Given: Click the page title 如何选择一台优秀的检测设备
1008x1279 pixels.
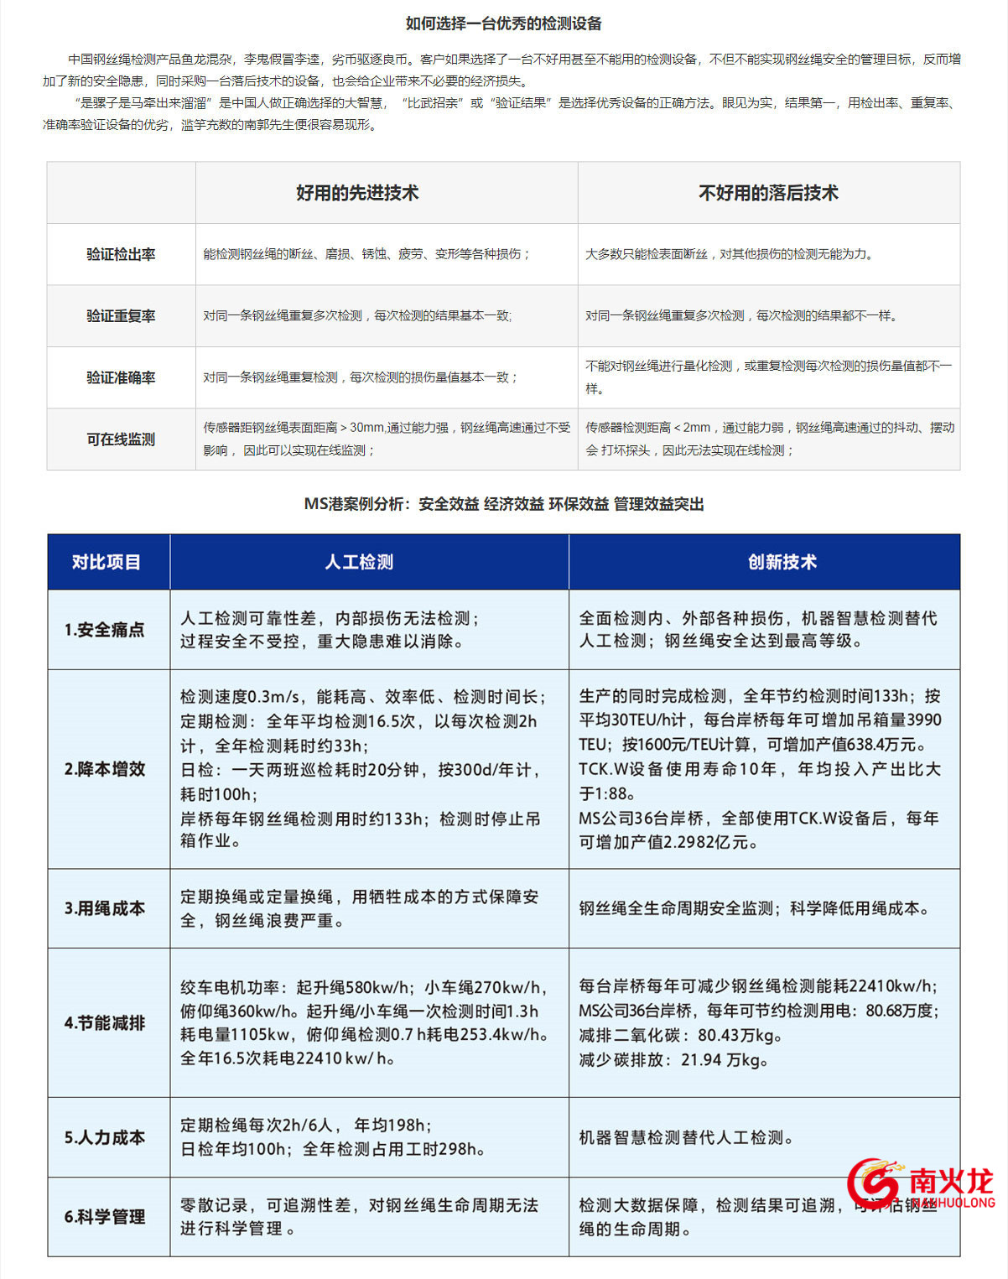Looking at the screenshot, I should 503,23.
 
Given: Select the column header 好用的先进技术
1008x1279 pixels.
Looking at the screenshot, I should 357,193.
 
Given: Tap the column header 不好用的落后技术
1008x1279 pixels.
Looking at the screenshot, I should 768,193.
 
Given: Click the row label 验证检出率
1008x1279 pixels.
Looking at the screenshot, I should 121,254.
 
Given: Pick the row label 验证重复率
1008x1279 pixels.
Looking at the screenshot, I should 121,316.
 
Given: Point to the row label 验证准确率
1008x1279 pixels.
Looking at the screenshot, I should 121,377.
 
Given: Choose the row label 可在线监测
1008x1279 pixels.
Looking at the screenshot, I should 121,439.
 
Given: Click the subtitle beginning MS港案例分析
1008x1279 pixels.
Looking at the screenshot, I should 503,504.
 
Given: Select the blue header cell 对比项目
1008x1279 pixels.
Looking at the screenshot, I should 107,562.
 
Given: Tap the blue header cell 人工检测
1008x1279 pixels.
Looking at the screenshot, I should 359,562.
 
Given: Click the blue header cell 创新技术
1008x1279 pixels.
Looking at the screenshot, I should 782,562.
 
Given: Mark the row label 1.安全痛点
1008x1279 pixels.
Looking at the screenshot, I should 105,630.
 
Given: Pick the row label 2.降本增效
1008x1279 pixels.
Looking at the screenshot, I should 105,769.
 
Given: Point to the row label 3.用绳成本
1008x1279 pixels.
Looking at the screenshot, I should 105,908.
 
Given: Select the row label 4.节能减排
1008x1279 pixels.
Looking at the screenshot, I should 105,1023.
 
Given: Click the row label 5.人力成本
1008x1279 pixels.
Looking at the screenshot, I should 105,1137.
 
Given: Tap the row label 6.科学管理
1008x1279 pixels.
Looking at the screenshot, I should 105,1217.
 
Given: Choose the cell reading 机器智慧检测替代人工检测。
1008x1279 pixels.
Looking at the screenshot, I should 686,1137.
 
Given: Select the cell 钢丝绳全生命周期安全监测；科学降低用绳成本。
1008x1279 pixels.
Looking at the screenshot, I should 755,908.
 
